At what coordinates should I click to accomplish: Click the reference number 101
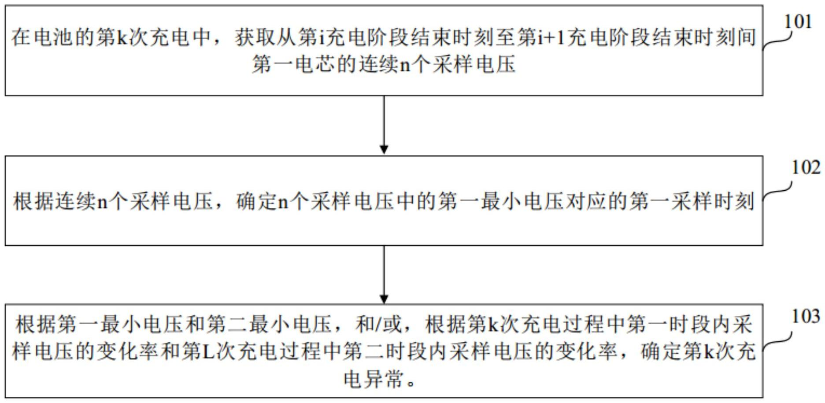798,21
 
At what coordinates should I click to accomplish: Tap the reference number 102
806,167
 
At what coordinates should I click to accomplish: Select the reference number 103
806,316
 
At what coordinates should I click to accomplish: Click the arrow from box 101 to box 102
384,125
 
